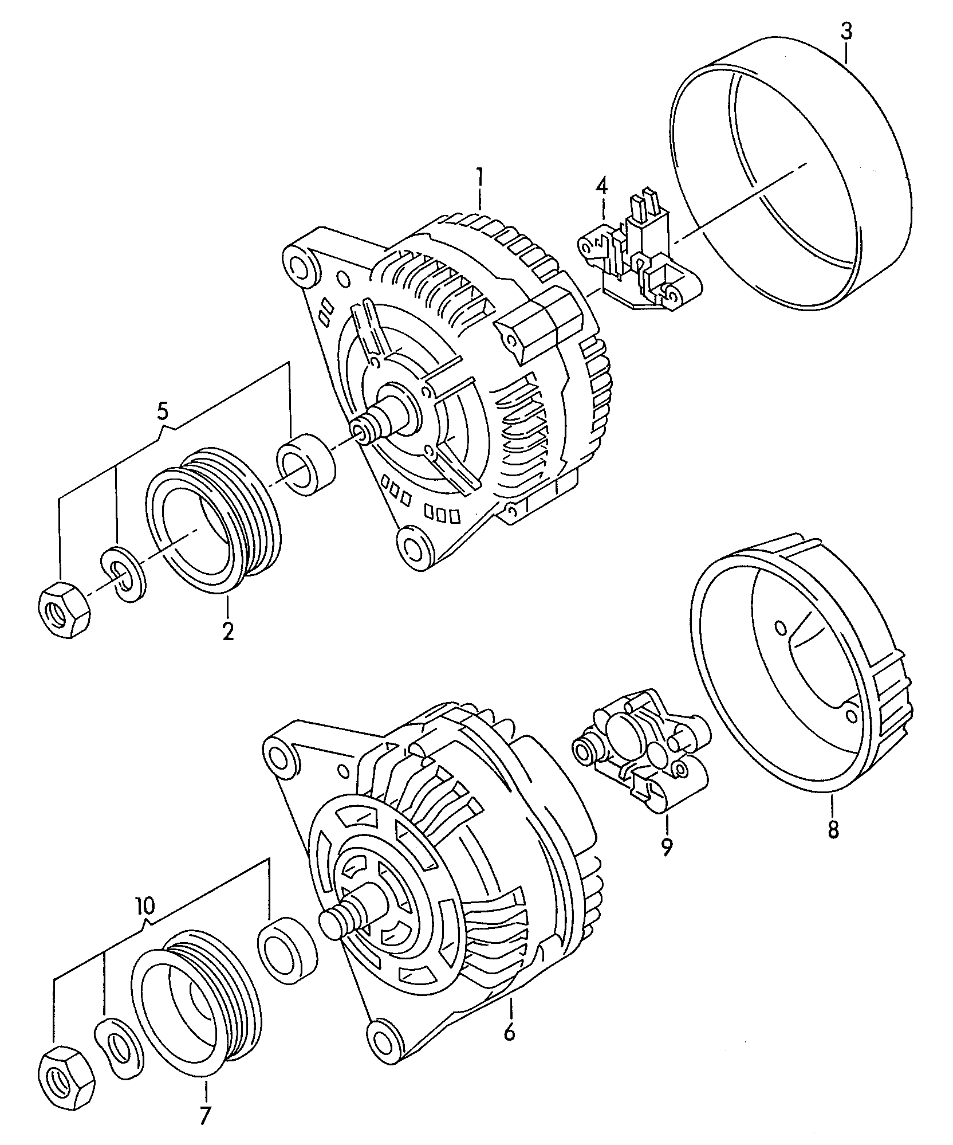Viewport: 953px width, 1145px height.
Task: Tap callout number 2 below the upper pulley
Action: pos(227,631)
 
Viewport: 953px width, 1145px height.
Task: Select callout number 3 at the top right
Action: pos(846,30)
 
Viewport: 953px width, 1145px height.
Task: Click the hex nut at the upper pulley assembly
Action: pos(64,607)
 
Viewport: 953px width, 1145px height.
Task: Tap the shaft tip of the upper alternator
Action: pos(361,430)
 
